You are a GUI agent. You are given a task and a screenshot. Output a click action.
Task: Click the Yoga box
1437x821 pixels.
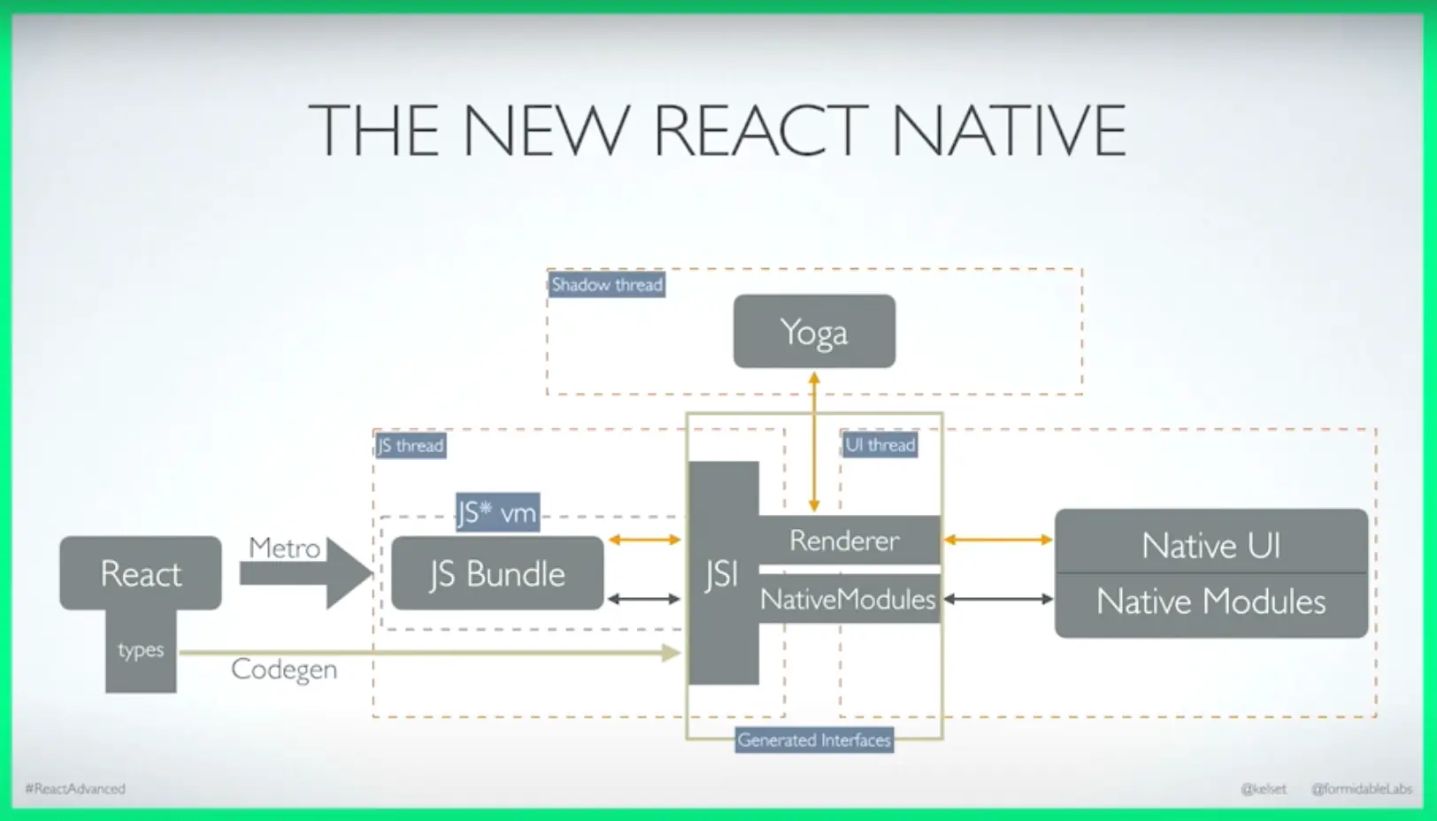(x=814, y=331)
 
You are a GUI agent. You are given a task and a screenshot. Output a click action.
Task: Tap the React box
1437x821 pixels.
(x=141, y=572)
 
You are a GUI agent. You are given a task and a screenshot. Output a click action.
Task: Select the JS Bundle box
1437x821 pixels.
(x=497, y=572)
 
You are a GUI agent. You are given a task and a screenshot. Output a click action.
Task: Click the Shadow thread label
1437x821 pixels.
(x=607, y=285)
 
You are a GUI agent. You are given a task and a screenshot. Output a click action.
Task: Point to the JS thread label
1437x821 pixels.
(x=411, y=445)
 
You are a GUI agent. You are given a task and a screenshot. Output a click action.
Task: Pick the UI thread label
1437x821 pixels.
(x=880, y=444)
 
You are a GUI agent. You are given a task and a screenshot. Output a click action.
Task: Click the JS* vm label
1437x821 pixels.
(x=498, y=512)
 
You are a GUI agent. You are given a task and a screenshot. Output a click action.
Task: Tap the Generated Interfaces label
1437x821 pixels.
(x=814, y=740)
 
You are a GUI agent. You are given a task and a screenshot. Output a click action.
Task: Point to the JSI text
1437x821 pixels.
(x=722, y=573)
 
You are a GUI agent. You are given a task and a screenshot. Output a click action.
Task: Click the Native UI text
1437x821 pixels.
(x=1211, y=546)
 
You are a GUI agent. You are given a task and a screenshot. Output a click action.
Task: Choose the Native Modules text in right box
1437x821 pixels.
(x=1211, y=602)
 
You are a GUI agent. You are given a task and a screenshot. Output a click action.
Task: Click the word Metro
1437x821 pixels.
(x=284, y=548)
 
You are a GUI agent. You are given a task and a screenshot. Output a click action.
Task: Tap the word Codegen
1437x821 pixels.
(x=284, y=670)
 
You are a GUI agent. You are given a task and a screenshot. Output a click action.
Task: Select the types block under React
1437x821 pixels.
(x=141, y=650)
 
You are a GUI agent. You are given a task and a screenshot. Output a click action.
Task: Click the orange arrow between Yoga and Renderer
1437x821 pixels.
(x=814, y=442)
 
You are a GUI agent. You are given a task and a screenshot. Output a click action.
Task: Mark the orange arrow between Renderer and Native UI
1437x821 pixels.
(x=997, y=540)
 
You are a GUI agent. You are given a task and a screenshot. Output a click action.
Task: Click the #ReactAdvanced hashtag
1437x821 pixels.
(x=75, y=789)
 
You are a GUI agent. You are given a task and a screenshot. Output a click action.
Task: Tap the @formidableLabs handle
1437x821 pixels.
(x=1361, y=789)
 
